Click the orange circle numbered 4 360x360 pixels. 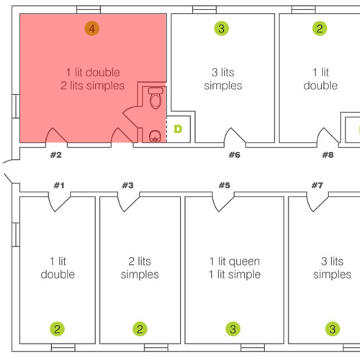click(x=92, y=29)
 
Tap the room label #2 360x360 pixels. click(x=56, y=155)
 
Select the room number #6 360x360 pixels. click(x=235, y=155)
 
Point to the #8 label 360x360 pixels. click(x=328, y=155)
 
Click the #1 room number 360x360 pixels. click(x=59, y=185)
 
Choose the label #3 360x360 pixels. click(x=127, y=185)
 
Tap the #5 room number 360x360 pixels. click(x=225, y=185)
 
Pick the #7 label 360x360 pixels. click(x=318, y=185)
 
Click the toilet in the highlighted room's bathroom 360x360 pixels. click(x=156, y=98)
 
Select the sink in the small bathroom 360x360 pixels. click(x=155, y=136)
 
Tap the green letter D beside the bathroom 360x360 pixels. click(x=178, y=129)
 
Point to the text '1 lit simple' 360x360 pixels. click(x=235, y=274)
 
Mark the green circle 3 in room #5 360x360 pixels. click(x=233, y=329)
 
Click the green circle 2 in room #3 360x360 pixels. click(x=140, y=329)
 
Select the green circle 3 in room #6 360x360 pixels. click(x=221, y=29)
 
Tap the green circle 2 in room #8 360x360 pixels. click(x=320, y=29)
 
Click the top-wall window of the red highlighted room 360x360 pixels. click(x=89, y=9)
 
